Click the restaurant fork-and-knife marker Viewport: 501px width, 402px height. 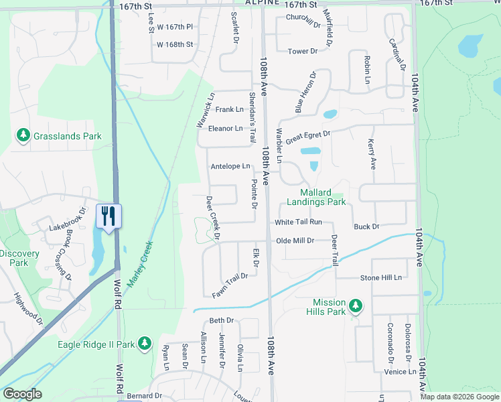click(108, 216)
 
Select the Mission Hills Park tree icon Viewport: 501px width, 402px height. click(355, 306)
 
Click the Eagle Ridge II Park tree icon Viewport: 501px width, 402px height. click(143, 344)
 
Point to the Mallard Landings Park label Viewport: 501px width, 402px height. click(316, 197)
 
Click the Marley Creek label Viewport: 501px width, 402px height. click(141, 261)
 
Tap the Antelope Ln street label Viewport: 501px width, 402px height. click(230, 166)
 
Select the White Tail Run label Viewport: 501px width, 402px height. click(298, 222)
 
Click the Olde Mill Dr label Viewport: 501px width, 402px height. click(295, 240)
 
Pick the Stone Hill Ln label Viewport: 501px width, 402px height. click(380, 277)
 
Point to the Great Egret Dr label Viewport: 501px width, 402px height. click(308, 137)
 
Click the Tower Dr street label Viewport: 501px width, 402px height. click(302, 51)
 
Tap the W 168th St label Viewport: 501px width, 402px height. click(174, 45)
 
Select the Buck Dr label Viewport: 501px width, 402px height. click(366, 226)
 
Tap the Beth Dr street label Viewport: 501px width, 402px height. click(221, 321)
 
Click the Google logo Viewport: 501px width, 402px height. click(22, 394)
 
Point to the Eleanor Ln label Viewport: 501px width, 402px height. click(225, 128)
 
